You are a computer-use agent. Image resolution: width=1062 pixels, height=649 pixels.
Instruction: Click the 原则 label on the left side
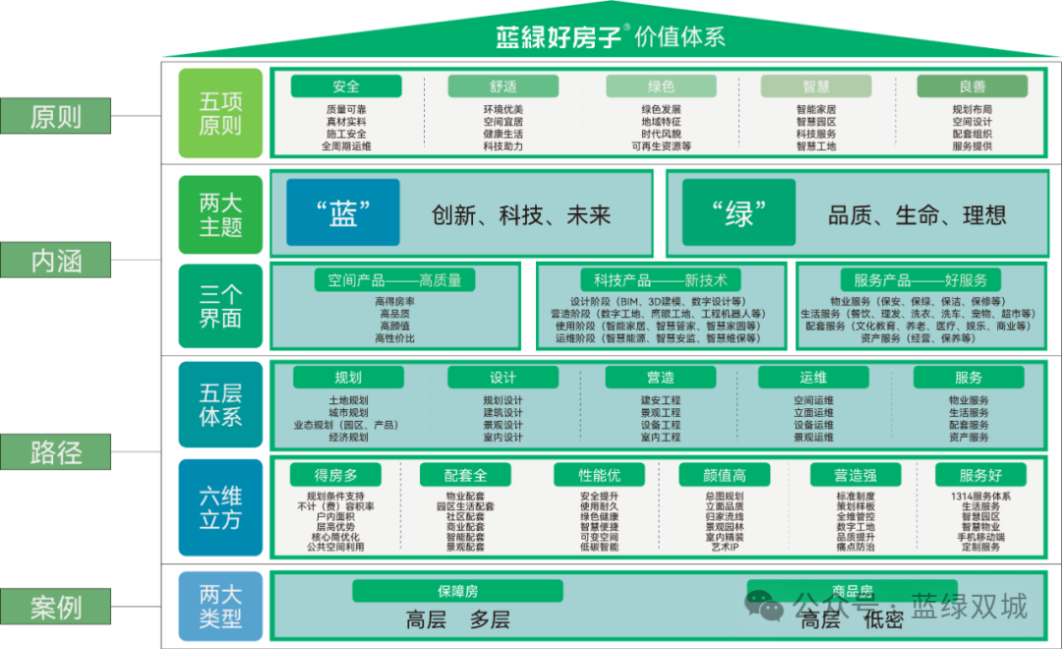click(x=55, y=116)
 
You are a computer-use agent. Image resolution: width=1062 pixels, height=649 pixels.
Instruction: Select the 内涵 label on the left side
click(x=55, y=261)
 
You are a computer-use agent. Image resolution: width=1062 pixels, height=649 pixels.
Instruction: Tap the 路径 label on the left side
click(x=55, y=453)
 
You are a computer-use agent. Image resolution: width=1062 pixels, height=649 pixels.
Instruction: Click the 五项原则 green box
click(x=220, y=113)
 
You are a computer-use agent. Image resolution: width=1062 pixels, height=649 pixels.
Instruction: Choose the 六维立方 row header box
click(x=220, y=506)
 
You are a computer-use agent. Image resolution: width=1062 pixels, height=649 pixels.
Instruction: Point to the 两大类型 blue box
click(x=220, y=606)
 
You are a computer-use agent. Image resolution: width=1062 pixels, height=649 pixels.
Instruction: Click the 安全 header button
click(x=346, y=87)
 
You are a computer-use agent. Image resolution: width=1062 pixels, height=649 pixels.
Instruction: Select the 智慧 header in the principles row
click(x=816, y=87)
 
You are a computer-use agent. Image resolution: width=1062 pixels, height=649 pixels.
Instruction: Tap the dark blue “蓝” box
click(x=343, y=212)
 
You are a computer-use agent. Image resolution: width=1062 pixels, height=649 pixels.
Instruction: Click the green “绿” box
click(x=738, y=212)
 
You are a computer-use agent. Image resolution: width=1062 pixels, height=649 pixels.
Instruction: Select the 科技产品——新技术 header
click(x=660, y=280)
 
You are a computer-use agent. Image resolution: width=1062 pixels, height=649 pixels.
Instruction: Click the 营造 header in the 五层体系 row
click(x=661, y=378)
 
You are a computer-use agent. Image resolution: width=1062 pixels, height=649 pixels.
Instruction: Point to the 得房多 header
click(x=334, y=475)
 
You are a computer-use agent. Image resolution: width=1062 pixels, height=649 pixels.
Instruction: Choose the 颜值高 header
click(x=726, y=475)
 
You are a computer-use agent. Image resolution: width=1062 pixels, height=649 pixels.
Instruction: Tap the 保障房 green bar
click(x=457, y=591)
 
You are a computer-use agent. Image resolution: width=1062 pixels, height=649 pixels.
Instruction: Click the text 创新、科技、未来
click(x=521, y=214)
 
